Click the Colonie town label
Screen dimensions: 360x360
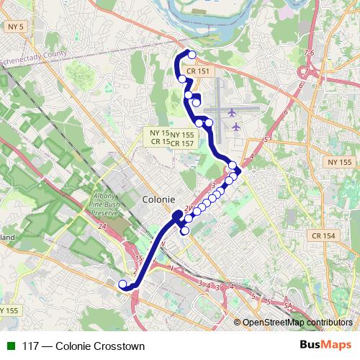pyautogui.click(x=158, y=199)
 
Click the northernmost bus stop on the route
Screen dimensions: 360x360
pyautogui.click(x=192, y=55)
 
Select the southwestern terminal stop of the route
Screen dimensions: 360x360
pyautogui.click(x=122, y=283)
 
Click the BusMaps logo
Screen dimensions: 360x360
pyautogui.click(x=325, y=345)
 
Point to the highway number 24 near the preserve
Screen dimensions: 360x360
pyautogui.click(x=102, y=226)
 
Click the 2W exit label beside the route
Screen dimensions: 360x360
pyautogui.click(x=189, y=209)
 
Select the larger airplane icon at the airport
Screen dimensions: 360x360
pyautogui.click(x=233, y=113)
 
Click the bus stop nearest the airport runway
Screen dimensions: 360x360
pyautogui.click(x=209, y=123)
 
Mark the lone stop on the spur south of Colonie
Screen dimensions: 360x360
pyautogui.click(x=185, y=231)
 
